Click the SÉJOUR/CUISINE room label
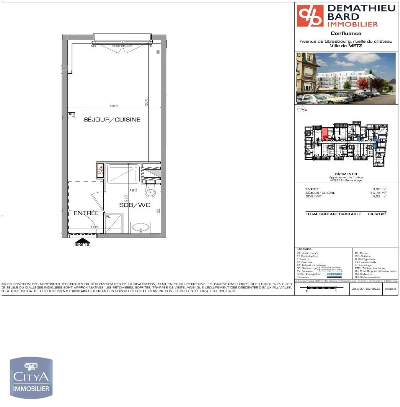click(x=112, y=119)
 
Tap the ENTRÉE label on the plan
click(x=86, y=213)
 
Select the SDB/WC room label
click(x=135, y=205)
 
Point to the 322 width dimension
click(x=114, y=106)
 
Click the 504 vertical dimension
click(x=146, y=102)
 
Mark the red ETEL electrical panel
click(x=100, y=170)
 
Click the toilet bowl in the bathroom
click(x=150, y=192)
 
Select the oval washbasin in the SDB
click(x=141, y=228)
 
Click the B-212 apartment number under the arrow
click(x=83, y=244)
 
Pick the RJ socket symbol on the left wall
click(x=71, y=115)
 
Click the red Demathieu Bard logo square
click(x=310, y=16)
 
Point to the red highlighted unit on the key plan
click(x=325, y=134)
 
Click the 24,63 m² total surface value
click(x=377, y=214)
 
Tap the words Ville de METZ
click(x=346, y=46)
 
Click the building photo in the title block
click(x=346, y=78)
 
